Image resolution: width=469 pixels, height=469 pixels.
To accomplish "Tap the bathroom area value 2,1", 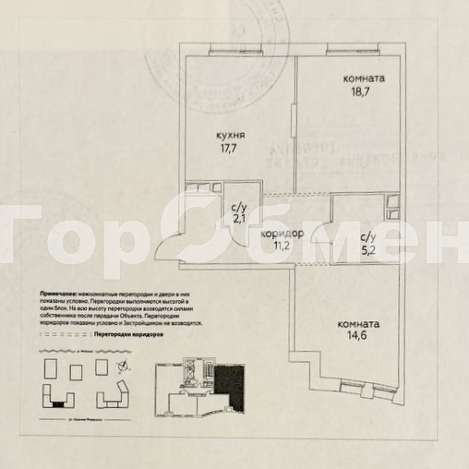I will coord(238,220).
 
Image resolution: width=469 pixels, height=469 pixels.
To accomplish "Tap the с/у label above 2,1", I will coord(238,209).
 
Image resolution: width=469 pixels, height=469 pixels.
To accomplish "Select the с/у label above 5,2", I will coord(367,236).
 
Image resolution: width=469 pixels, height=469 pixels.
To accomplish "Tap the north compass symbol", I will coord(124,368).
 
